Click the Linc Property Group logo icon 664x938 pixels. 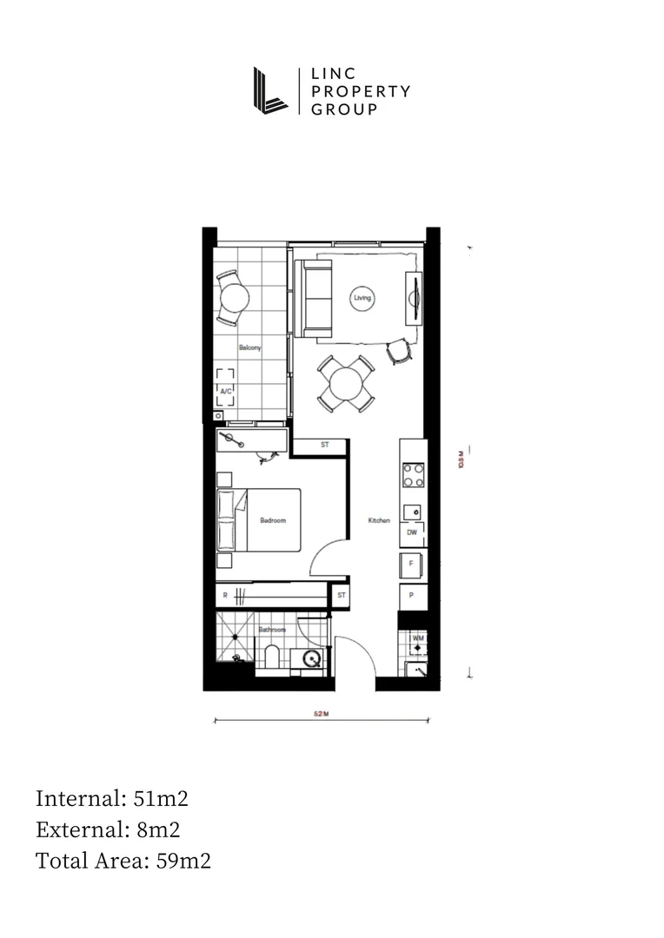click(x=270, y=89)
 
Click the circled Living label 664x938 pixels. click(x=362, y=298)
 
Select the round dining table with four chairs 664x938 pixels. click(x=346, y=383)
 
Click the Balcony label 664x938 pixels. click(x=249, y=348)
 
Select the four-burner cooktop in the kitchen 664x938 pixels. click(x=413, y=475)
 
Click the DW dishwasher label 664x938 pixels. click(x=412, y=532)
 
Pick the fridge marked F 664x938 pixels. click(x=412, y=564)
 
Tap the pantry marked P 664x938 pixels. click(x=412, y=597)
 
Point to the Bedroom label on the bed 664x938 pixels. click(x=273, y=520)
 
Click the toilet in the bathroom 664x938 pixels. click(x=271, y=657)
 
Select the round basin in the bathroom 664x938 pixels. click(x=311, y=659)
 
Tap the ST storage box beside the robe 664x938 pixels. click(x=341, y=596)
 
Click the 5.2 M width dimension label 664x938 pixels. click(x=321, y=714)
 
